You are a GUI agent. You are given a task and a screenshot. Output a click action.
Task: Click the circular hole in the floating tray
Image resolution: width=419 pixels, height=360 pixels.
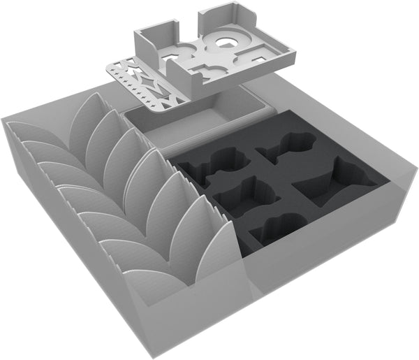point(226,43)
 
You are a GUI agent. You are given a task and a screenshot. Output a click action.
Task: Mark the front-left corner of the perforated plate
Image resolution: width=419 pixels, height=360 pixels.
point(110,68)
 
